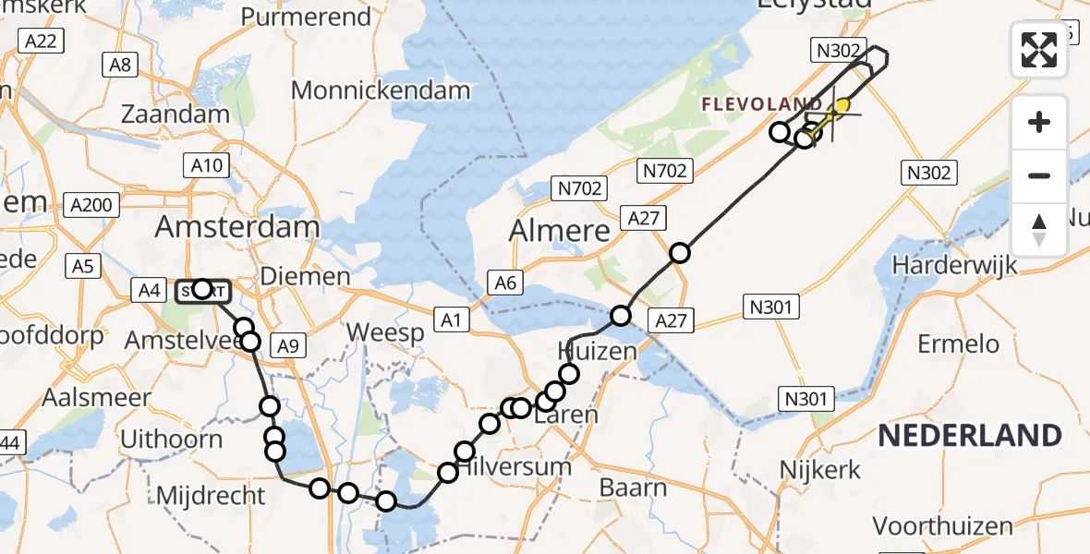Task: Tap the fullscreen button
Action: tap(1039, 49)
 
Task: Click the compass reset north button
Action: tap(1039, 230)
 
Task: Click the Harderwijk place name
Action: tap(954, 265)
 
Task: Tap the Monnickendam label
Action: tap(381, 90)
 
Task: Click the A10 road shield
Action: tap(206, 165)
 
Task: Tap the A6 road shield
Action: tap(504, 283)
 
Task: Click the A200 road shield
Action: tap(93, 205)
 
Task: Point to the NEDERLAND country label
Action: tap(969, 435)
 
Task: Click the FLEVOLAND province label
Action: tap(761, 104)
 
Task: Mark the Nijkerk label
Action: tap(821, 468)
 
